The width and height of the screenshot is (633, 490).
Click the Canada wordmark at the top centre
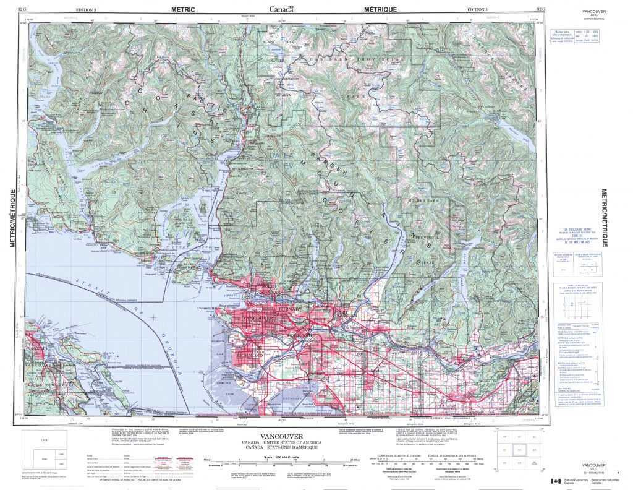281,9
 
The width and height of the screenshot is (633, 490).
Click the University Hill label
208,308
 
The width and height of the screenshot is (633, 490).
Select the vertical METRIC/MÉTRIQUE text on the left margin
12,211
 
